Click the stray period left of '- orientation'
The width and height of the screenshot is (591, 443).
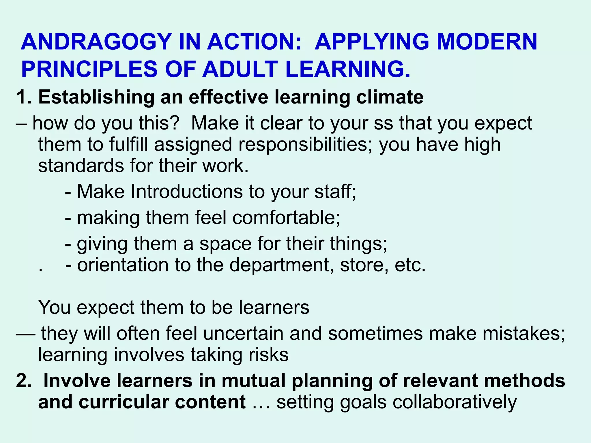pyautogui.click(x=41, y=271)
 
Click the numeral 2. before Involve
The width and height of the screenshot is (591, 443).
pyautogui.click(x=24, y=380)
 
